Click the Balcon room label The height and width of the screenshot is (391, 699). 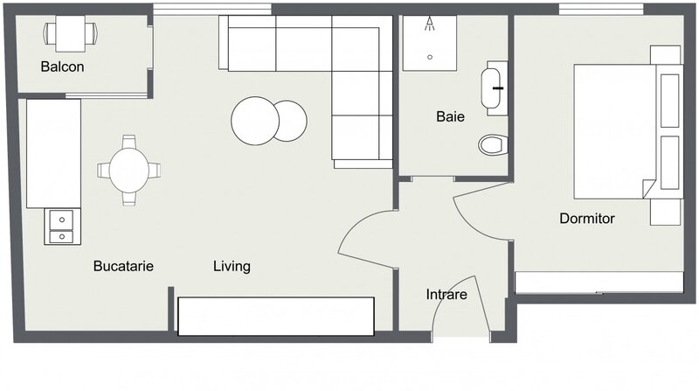tap(62, 67)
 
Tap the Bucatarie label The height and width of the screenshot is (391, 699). tap(123, 266)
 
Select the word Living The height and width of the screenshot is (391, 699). tap(232, 266)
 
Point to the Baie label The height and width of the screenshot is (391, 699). tap(450, 115)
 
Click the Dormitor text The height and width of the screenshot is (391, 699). tap(587, 218)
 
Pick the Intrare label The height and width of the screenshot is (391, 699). tap(446, 295)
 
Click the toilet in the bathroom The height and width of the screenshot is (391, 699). tap(493, 143)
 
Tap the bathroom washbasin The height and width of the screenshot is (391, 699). tap(494, 87)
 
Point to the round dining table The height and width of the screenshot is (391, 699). tap(129, 170)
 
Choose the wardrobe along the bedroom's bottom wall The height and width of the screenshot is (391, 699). tap(599, 283)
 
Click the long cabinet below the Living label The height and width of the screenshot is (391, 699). tap(275, 315)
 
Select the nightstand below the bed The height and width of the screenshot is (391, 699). tap(665, 211)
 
